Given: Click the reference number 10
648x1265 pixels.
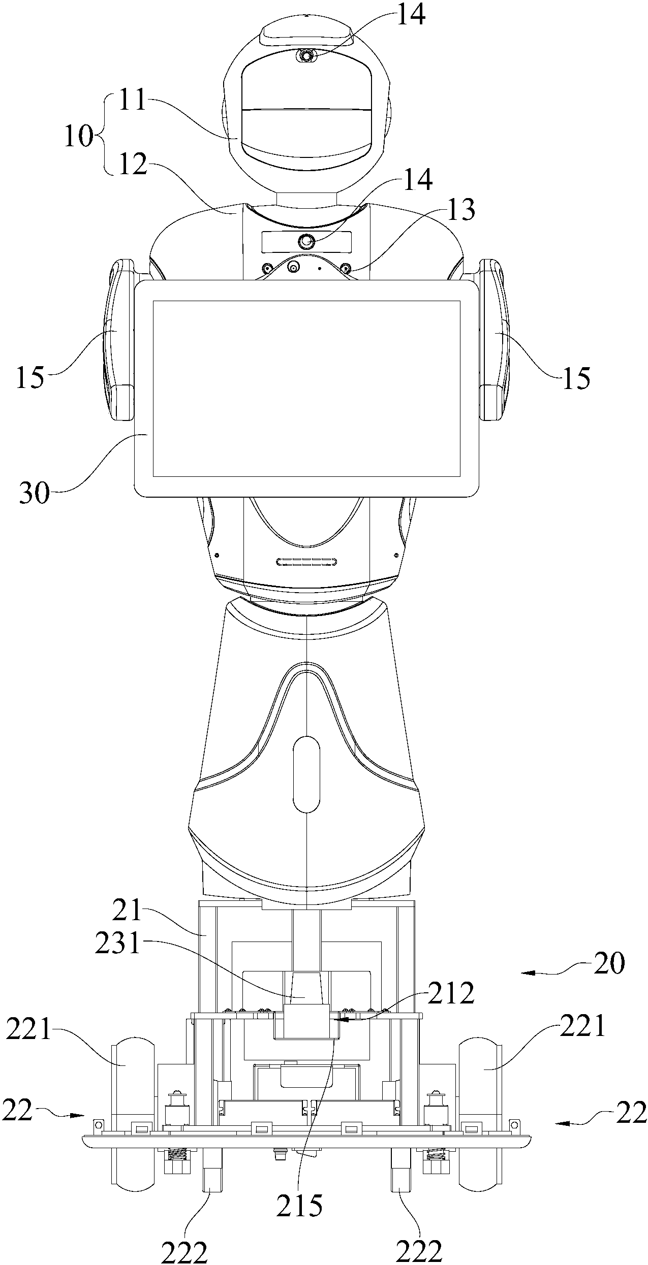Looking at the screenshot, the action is coord(79,137).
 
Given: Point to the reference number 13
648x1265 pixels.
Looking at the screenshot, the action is coord(460,210).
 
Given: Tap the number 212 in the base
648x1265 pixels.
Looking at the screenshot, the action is coord(450,993).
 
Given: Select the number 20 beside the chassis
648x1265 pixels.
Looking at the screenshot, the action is coord(608,962).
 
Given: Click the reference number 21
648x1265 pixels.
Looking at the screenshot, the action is coord(128,913).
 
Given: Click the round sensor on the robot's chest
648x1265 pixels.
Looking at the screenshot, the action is coord(306,242).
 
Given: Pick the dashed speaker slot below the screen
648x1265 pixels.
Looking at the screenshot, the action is coord(307,562).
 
